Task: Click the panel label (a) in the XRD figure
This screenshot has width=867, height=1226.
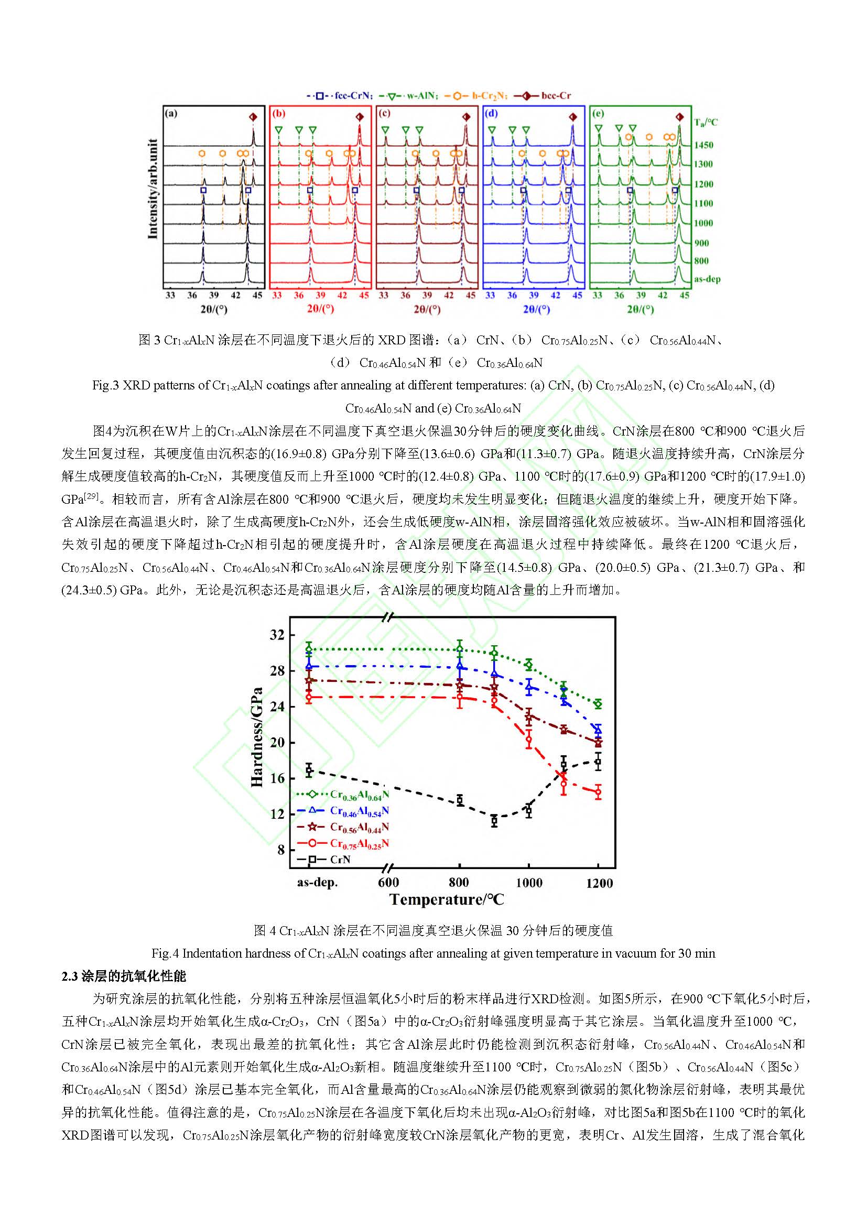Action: [171, 113]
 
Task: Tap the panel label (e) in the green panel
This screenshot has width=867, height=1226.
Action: [598, 113]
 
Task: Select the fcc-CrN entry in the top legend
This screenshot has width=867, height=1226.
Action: [342, 96]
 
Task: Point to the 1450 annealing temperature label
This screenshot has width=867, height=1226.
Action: [703, 145]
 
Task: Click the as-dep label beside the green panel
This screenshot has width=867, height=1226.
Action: [707, 279]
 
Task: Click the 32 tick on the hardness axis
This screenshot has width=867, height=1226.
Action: [277, 635]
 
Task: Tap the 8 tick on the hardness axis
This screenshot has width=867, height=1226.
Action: [281, 850]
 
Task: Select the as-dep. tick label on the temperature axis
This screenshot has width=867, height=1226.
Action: [317, 883]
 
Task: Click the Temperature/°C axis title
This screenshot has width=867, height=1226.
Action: [446, 900]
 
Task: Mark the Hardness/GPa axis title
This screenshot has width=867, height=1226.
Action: [257, 737]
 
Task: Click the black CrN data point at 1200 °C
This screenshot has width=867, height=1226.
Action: [598, 762]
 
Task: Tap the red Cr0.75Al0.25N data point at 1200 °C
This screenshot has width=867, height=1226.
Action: [598, 793]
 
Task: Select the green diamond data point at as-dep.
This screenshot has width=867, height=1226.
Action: [309, 649]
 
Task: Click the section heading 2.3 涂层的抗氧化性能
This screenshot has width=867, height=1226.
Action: [124, 977]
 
